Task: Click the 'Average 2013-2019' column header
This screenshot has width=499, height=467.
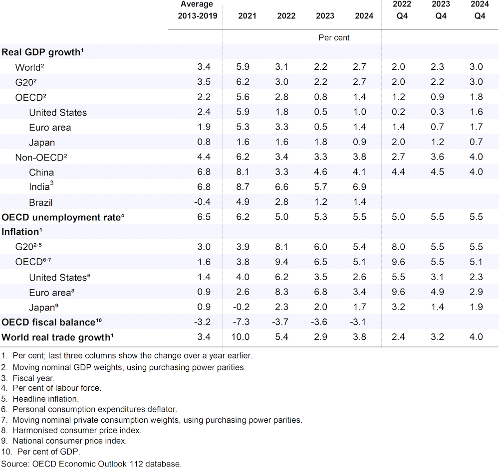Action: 198,10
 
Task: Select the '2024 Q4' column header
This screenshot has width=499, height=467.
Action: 479,10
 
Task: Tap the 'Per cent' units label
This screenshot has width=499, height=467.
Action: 334,37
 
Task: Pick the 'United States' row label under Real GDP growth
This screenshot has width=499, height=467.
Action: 57,113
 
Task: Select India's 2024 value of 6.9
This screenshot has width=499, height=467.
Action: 364,187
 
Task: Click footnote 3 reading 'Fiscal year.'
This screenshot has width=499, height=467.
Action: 28,378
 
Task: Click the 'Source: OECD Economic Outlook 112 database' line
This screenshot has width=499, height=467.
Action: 91,464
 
